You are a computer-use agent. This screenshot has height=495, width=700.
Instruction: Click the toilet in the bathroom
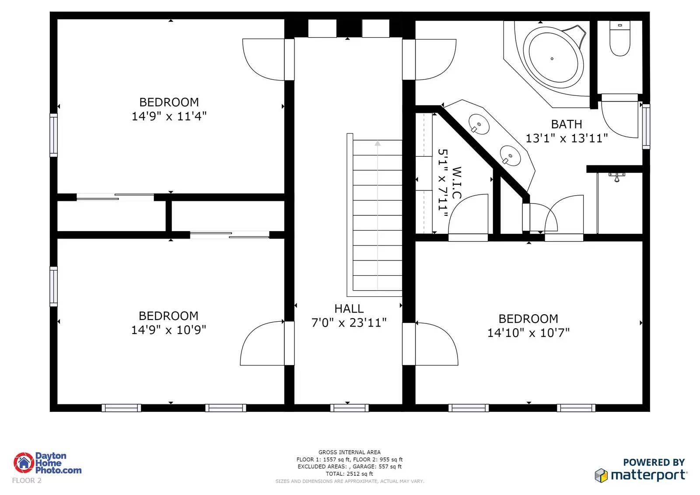click(619, 39)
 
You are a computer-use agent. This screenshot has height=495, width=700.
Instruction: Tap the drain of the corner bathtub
click(552, 59)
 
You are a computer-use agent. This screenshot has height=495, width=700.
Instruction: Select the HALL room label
click(349, 309)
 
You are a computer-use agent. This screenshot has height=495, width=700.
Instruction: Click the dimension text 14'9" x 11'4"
click(169, 116)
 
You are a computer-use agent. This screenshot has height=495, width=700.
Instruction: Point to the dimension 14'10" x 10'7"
click(528, 333)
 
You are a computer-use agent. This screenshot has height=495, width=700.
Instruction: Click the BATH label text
click(567, 124)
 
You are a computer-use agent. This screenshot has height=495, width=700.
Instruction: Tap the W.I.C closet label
click(457, 183)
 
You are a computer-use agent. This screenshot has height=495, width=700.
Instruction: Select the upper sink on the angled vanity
click(479, 124)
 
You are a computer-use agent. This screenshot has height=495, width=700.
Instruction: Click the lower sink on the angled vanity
click(510, 155)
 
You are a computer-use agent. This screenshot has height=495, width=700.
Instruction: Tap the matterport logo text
click(649, 475)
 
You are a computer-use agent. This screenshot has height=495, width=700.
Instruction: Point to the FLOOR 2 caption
click(27, 480)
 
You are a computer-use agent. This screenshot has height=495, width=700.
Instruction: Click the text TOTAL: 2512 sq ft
click(350, 474)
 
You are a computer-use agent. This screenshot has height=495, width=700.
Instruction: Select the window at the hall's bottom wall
click(350, 408)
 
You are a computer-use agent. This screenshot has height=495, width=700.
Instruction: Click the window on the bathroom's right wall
click(646, 126)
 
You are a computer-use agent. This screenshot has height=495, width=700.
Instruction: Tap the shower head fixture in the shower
click(617, 177)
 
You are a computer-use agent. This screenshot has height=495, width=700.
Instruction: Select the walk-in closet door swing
click(468, 214)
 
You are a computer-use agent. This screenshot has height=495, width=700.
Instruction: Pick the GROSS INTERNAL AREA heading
click(350, 452)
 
